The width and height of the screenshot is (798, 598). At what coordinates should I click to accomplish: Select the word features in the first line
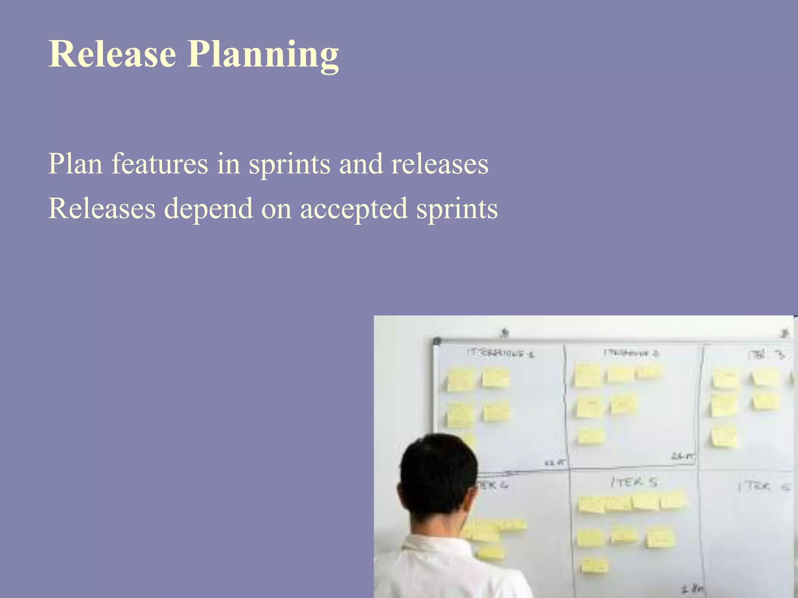click(160, 164)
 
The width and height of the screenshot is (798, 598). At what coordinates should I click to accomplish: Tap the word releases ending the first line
click(440, 164)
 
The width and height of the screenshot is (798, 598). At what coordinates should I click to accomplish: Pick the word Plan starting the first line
click(75, 164)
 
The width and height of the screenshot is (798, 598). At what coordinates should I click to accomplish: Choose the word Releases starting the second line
click(102, 208)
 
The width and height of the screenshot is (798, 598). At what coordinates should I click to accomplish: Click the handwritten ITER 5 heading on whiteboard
click(634, 483)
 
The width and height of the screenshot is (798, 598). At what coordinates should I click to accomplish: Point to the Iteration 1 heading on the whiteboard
click(500, 353)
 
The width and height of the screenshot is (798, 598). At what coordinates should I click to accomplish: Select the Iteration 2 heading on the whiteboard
click(631, 353)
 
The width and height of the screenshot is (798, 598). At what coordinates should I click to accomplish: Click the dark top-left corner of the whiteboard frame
click(437, 341)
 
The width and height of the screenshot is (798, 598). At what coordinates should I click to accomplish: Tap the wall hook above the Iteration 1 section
click(505, 332)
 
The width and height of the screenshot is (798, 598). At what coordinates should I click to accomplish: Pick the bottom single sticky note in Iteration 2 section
click(591, 436)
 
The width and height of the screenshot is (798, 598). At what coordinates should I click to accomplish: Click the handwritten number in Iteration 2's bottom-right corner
click(682, 456)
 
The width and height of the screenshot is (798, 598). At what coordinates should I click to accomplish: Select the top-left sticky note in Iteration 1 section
click(461, 380)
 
